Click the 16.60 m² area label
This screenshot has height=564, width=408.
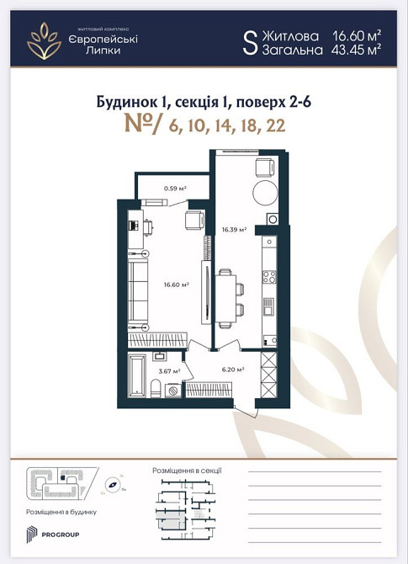176,285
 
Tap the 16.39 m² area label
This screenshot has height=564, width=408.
234,229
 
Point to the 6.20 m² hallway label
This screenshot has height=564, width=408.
232,369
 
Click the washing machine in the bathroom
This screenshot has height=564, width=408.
172,389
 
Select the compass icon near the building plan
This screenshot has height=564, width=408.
111,485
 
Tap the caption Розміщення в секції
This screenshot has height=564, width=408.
185,470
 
